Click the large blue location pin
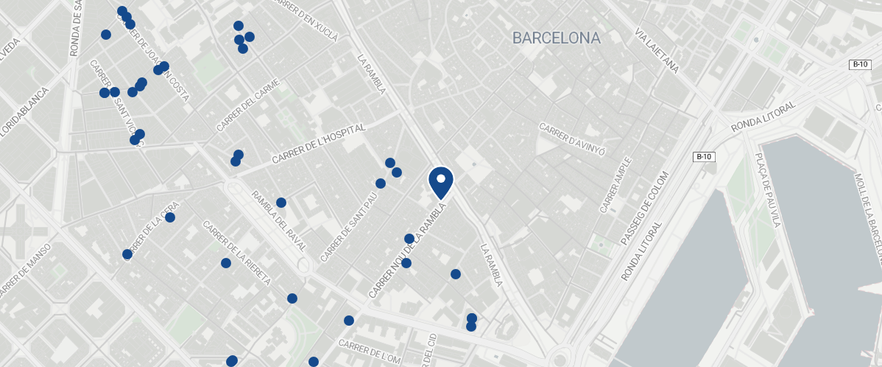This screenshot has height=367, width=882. [440, 182]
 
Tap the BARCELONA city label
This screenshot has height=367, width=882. [557, 38]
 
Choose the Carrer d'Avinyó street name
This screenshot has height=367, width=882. [572, 138]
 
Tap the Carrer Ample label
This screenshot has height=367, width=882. [615, 185]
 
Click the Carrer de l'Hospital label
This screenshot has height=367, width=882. [318, 144]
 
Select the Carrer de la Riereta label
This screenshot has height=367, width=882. [237, 253]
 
